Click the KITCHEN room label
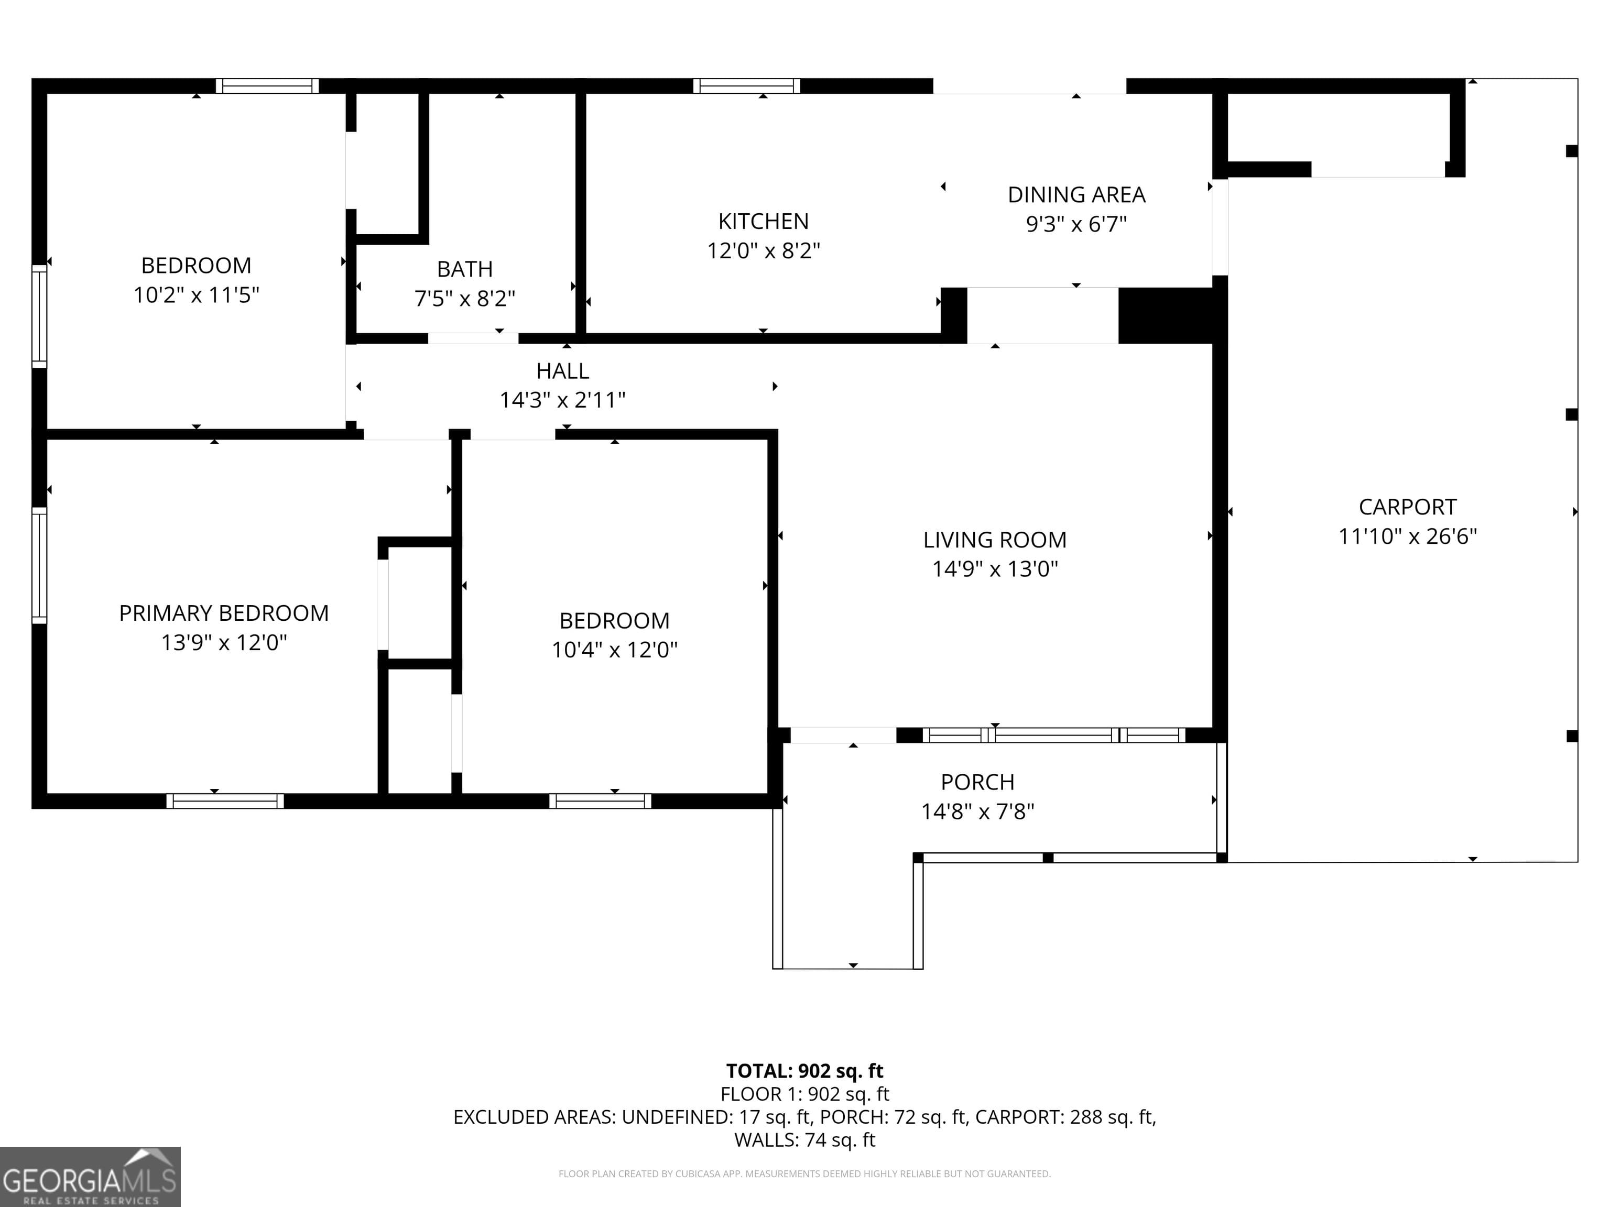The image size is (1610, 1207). pyautogui.click(x=763, y=221)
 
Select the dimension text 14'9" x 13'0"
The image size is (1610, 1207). pyautogui.click(x=994, y=569)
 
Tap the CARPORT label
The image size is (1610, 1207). pyautogui.click(x=1407, y=507)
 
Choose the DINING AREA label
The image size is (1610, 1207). pyautogui.click(x=1076, y=195)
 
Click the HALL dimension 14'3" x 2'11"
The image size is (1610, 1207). pyautogui.click(x=562, y=400)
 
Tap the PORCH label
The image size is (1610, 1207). pyautogui.click(x=977, y=782)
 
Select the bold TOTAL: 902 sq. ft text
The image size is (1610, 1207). pyautogui.click(x=804, y=1071)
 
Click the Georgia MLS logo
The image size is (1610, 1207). pyautogui.click(x=90, y=1177)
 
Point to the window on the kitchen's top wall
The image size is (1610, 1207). pyautogui.click(x=746, y=86)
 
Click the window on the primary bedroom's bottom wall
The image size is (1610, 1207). pyautogui.click(x=225, y=801)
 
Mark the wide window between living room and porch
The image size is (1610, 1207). pyautogui.click(x=1054, y=736)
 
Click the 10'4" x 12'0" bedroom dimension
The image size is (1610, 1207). pyautogui.click(x=614, y=650)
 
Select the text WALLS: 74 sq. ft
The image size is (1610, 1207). pyautogui.click(x=804, y=1140)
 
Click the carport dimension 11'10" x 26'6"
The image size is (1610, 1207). pyautogui.click(x=1407, y=537)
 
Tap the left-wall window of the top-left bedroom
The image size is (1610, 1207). pyautogui.click(x=39, y=316)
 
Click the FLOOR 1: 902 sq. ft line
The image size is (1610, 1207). pyautogui.click(x=804, y=1094)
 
